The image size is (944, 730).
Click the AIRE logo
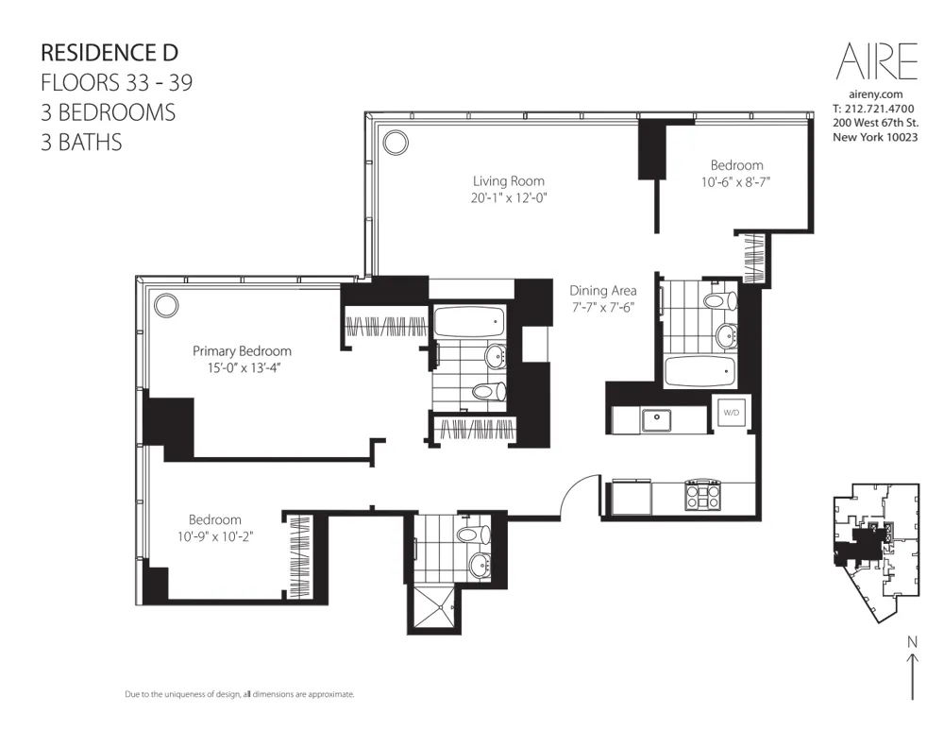tap(877, 62)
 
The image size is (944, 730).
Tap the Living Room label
tap(509, 180)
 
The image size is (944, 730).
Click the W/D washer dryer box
tap(731, 413)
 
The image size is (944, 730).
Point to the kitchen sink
tap(654, 417)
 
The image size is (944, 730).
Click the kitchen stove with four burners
tap(702, 495)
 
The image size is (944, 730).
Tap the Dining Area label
tap(603, 291)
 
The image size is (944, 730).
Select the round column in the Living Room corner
tap(396, 143)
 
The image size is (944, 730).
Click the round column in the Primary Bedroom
tap(166, 305)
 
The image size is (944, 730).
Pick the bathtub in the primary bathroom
tap(468, 323)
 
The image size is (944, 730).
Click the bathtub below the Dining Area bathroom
tap(699, 371)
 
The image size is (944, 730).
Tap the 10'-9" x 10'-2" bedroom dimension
tap(215, 536)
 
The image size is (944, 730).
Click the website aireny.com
tap(877, 95)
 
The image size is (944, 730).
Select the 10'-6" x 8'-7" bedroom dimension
tap(736, 182)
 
